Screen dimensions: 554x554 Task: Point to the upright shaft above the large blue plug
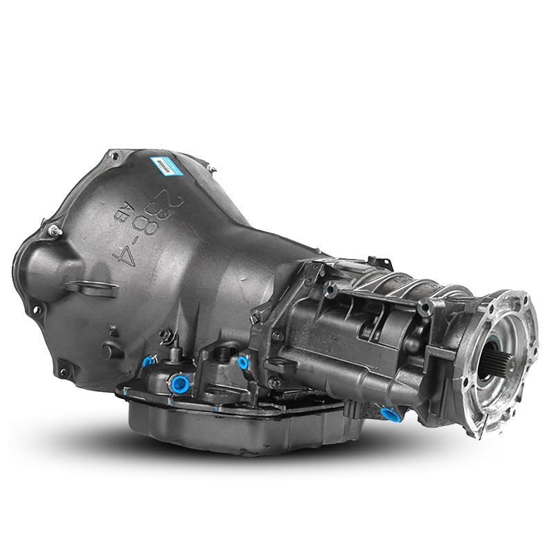(x=169, y=341)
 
